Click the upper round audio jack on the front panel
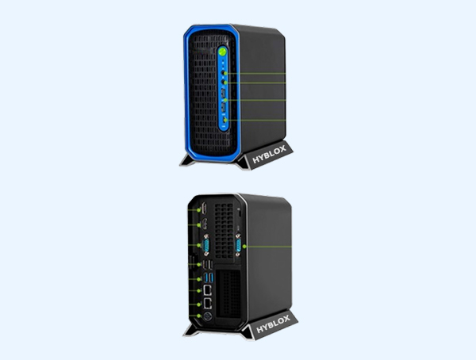[x=224, y=73]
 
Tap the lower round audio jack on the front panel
[x=224, y=82]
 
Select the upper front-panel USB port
[x=223, y=94]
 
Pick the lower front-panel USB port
[x=223, y=107]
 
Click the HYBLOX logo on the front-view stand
[x=269, y=154]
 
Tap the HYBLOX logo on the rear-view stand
[x=273, y=324]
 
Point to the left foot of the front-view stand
[x=186, y=160]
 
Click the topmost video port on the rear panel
[x=205, y=209]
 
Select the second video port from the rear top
[x=205, y=224]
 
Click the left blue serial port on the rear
[x=207, y=245]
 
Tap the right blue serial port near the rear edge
[x=238, y=245]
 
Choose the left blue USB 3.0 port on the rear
[x=206, y=277]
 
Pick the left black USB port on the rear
[x=205, y=265]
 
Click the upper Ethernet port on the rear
[x=208, y=290]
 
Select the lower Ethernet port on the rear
[x=208, y=303]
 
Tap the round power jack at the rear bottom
[x=207, y=316]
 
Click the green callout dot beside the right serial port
[x=244, y=247]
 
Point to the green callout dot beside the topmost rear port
[x=199, y=210]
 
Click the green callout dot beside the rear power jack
[x=199, y=316]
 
